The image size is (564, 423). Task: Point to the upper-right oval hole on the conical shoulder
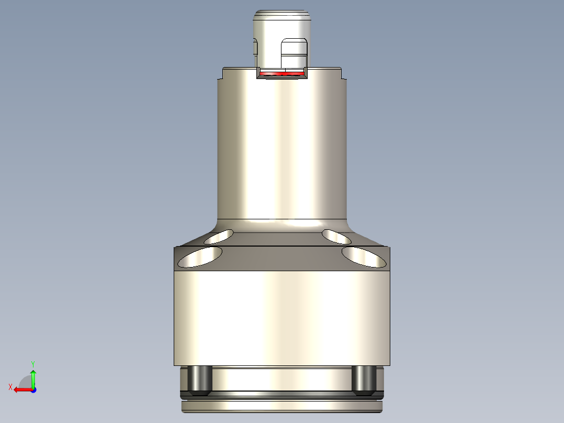[336, 237]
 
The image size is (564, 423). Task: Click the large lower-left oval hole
[200, 257]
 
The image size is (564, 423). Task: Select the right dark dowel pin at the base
[363, 381]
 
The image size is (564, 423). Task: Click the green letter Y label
[33, 363]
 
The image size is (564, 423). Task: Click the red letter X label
[10, 387]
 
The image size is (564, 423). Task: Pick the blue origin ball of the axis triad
[33, 389]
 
